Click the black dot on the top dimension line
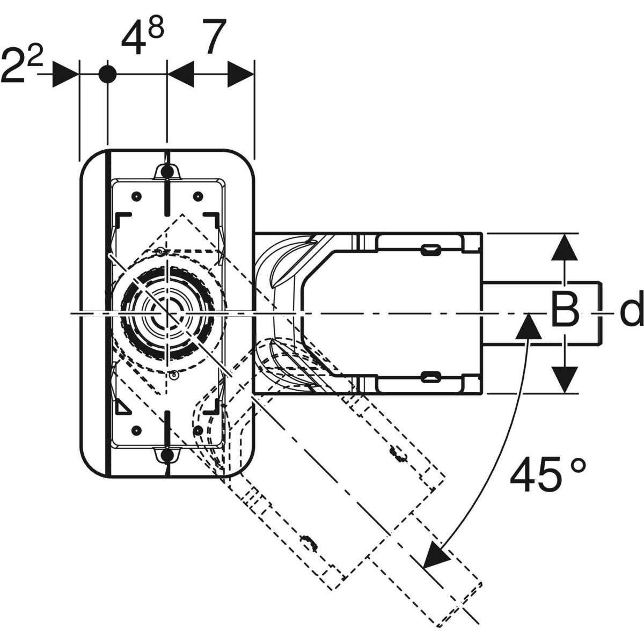click(107, 74)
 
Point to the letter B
click(565, 310)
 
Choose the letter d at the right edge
click(631, 312)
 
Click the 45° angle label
click(547, 475)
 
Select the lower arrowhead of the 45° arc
click(435, 556)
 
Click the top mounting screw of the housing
click(167, 171)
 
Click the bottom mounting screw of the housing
click(167, 456)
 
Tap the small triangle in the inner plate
click(122, 408)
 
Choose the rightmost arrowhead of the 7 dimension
click(240, 74)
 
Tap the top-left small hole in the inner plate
click(136, 195)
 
